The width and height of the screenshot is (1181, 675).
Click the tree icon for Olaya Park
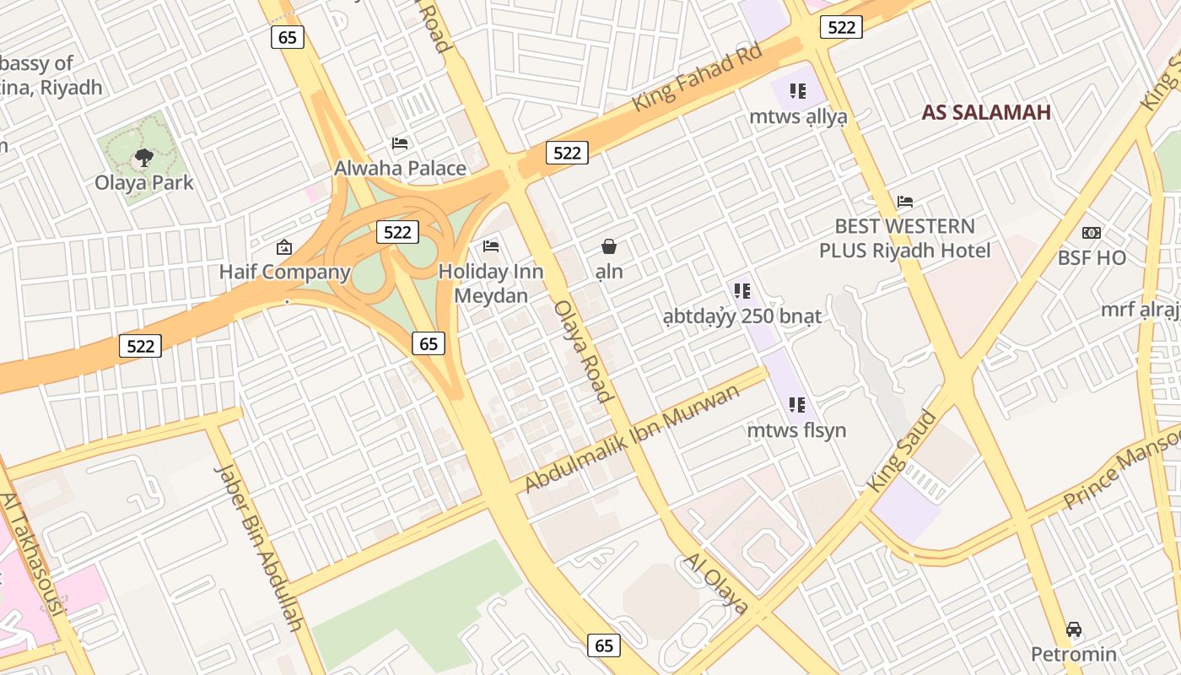144,157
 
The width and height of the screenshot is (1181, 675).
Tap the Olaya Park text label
144,182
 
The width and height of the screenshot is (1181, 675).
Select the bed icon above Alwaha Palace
400,143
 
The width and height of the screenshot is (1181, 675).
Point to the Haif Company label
284,272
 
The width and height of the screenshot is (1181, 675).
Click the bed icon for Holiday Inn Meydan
491,246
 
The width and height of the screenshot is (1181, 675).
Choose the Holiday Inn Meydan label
491,283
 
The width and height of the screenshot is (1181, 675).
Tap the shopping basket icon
609,246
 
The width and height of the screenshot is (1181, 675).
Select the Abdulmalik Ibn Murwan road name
632,438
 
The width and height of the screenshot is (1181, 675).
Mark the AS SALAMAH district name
985,112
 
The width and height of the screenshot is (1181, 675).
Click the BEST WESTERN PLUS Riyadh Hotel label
905,238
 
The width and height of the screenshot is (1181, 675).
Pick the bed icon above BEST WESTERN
905,202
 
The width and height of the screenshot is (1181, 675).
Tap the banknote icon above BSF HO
1092,233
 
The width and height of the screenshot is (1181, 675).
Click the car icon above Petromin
1074,629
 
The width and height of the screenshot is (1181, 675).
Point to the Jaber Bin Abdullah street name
258,547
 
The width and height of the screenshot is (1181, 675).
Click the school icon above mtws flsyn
797,405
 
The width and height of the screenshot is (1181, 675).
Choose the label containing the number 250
741,316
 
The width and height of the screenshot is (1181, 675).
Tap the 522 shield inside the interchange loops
396,232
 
